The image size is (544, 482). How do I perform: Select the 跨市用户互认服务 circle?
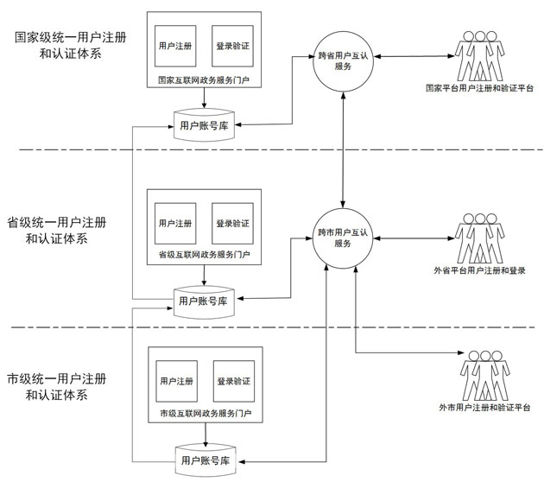tap(344, 238)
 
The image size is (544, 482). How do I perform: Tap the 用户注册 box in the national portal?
tap(175, 44)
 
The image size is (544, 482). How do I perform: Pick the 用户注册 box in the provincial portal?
tap(175, 222)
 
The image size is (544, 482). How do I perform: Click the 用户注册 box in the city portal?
tap(176, 381)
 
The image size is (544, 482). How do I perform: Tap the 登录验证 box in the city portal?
tap(234, 381)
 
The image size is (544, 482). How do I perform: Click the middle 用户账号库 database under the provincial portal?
tap(203, 301)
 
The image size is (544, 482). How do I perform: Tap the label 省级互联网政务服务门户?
tap(205, 256)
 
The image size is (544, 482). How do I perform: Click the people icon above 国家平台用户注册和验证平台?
tap(481, 55)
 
